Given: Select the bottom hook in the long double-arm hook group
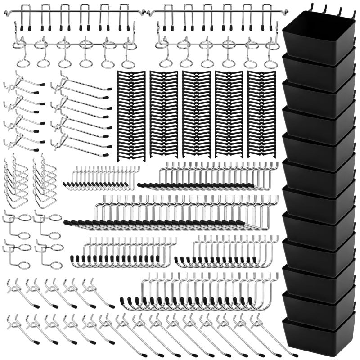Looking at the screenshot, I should [81, 144].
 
